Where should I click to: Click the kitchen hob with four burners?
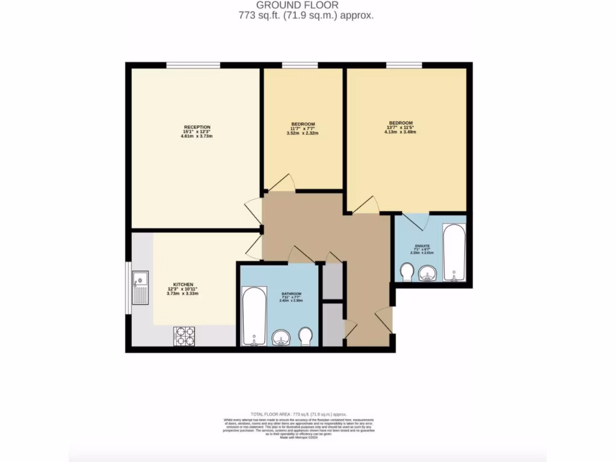pos(184,336)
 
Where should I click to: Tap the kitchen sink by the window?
pos(140,288)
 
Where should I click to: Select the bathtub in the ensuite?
pos(454,252)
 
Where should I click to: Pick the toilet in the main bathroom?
pos(306,336)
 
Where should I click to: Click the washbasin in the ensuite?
pos(428,274)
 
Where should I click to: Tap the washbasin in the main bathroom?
pos(281,338)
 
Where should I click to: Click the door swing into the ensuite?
pos(416,221)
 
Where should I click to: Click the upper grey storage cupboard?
pos(332,280)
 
